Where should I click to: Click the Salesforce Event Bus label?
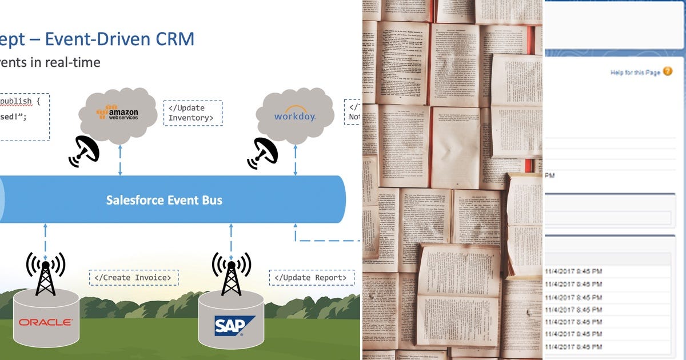coord(164,200)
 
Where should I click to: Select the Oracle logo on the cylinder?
coord(46,322)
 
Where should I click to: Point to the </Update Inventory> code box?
coord(192,113)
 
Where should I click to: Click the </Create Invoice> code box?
coord(133,278)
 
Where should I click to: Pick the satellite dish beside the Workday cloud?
coord(262,153)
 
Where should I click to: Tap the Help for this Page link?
coord(635,73)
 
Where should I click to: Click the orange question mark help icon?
coord(668,72)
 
